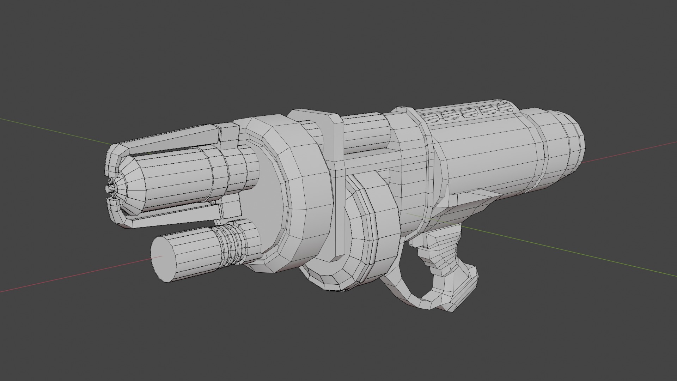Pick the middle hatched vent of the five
(x=468, y=112)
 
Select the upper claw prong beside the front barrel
(x=183, y=138)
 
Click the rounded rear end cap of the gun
(x=564, y=148)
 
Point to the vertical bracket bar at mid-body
(x=337, y=176)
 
